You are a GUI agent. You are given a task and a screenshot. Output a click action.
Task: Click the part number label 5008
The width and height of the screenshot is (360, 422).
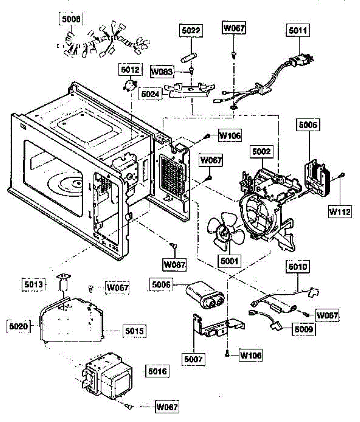(71, 19)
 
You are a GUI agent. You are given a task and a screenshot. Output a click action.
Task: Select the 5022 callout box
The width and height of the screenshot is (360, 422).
(191, 31)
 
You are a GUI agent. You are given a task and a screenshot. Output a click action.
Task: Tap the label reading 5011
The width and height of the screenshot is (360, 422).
(298, 31)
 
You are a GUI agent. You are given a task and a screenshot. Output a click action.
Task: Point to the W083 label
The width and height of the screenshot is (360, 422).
(162, 72)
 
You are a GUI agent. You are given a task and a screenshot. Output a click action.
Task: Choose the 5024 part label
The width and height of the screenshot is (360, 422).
(150, 94)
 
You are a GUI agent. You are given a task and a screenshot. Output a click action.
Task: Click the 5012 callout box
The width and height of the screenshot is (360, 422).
(130, 70)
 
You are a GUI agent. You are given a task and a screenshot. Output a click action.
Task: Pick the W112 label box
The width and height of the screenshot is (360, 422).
(340, 212)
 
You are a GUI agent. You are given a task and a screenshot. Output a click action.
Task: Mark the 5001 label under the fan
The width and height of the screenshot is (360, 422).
(229, 261)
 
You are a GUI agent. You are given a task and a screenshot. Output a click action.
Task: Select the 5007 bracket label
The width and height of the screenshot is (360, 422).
(193, 359)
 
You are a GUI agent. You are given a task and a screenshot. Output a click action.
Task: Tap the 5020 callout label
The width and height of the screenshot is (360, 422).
(19, 326)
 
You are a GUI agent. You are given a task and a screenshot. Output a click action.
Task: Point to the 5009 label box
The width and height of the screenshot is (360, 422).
(304, 329)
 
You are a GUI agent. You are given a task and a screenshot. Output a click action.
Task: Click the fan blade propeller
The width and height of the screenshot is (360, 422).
(225, 232)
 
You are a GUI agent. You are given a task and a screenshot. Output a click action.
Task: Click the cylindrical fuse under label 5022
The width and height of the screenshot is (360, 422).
(189, 58)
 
